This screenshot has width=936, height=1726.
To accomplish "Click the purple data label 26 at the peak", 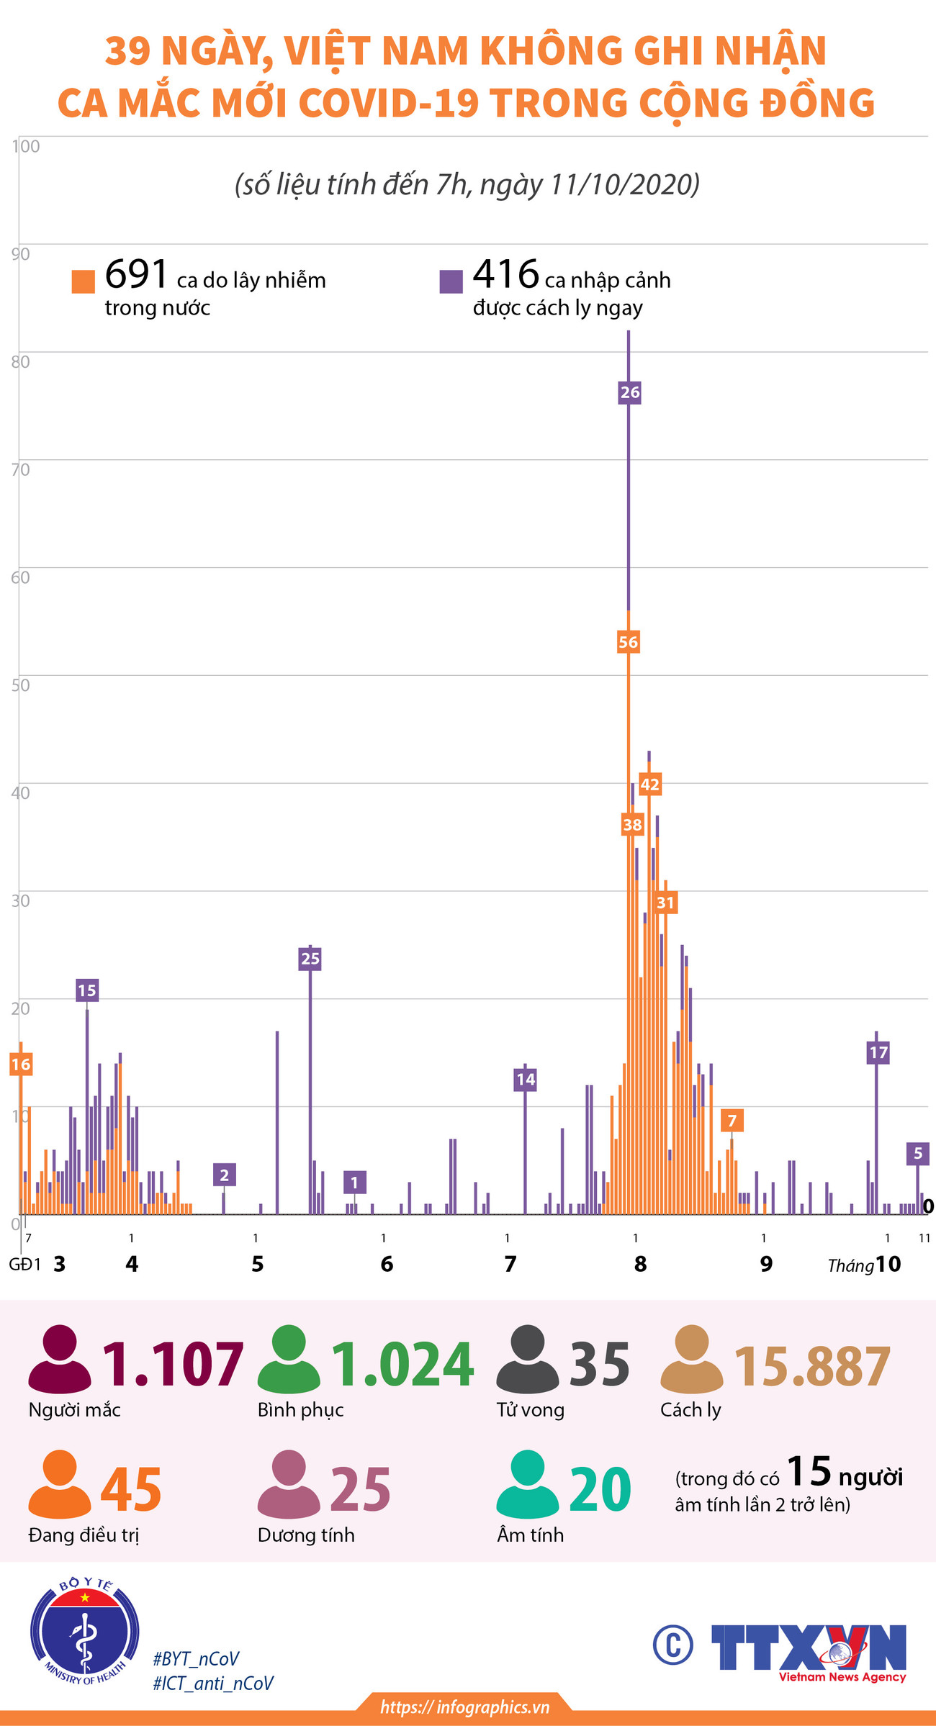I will point(629,392).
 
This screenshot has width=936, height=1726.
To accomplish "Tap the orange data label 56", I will point(628,642).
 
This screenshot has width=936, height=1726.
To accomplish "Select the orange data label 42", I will point(649,784).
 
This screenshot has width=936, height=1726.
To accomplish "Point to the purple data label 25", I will point(310,959).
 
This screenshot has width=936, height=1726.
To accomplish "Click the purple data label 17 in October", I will point(878,1052).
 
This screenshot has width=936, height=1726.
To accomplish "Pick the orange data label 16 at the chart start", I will point(21,1064).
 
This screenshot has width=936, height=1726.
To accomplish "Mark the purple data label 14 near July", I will point(525,1079).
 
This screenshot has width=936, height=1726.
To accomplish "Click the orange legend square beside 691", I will point(84,281).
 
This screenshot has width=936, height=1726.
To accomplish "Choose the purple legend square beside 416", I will point(451,281).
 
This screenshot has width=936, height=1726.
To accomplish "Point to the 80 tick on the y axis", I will point(20,361).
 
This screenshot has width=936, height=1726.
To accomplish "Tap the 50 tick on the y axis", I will point(20,684).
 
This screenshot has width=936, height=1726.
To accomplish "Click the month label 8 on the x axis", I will point(640,1264).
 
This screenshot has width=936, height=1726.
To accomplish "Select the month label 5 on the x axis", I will point(258,1264).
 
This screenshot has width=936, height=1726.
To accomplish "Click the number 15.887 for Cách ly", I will point(812,1365).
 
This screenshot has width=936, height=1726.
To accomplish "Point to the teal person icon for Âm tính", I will point(528,1485).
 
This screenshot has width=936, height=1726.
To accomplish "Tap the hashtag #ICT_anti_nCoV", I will point(213,1683).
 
